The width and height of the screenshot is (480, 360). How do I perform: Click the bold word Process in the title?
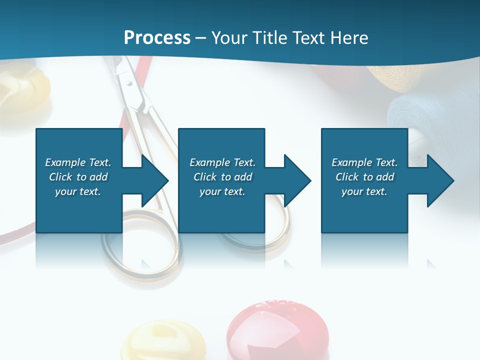pos(157,37)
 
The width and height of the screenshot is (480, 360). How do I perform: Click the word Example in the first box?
pos(65,162)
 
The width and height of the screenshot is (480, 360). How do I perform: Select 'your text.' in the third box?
pos(364,191)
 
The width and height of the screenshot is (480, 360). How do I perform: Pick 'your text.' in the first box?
pos(77,191)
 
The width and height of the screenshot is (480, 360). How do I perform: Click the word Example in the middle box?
pos(210,162)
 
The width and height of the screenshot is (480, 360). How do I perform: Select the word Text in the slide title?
pos(310,37)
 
